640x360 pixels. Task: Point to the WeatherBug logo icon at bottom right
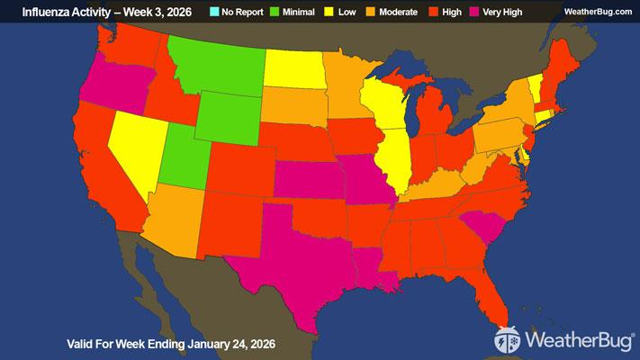click(508, 341)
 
